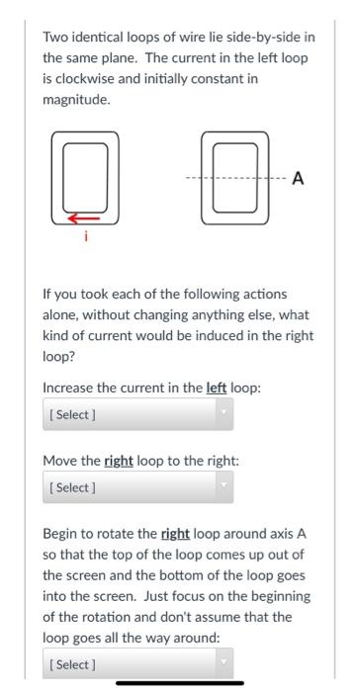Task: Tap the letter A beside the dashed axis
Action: [298, 179]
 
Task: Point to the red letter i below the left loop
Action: [84, 234]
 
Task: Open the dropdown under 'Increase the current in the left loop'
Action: [138, 413]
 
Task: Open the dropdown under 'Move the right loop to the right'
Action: [138, 487]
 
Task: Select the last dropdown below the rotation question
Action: [138, 665]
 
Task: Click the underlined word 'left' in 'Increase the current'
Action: [217, 388]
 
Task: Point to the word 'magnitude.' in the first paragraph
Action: [75, 100]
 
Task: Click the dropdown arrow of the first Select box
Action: [225, 413]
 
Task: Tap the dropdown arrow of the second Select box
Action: [225, 487]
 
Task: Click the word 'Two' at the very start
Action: [54, 38]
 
